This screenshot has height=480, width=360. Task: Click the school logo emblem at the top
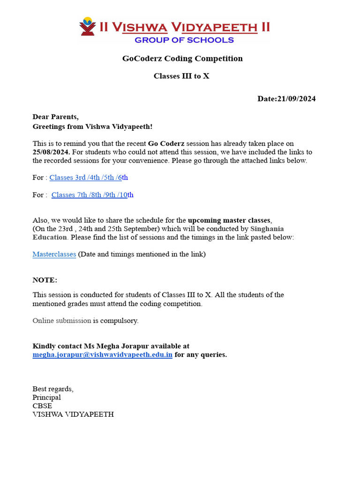pyautogui.click(x=87, y=26)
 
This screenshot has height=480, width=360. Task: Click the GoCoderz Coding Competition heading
pyautogui.click(x=182, y=59)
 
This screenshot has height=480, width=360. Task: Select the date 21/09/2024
pyautogui.click(x=296, y=99)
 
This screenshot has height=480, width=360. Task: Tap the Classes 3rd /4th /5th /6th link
pyautogui.click(x=89, y=178)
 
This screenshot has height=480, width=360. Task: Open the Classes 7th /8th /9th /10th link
pyautogui.click(x=92, y=195)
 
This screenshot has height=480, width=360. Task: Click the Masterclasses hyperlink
pyautogui.click(x=54, y=255)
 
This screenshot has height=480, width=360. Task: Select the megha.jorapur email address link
pyautogui.click(x=102, y=355)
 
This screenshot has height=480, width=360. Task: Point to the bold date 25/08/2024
pyautogui.click(x=51, y=152)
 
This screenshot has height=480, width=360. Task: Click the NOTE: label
pyautogui.click(x=45, y=280)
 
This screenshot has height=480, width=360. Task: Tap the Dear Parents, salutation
pyautogui.click(x=56, y=117)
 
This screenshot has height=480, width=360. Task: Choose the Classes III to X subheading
pyautogui.click(x=181, y=76)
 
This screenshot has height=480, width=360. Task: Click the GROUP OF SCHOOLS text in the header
pyautogui.click(x=184, y=40)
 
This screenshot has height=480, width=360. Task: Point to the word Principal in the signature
pyautogui.click(x=46, y=397)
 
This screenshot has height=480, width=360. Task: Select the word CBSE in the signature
pyautogui.click(x=42, y=406)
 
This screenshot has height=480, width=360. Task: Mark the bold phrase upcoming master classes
pyautogui.click(x=229, y=220)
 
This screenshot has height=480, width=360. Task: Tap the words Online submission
pyautogui.click(x=61, y=321)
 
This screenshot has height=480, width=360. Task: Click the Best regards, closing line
pyautogui.click(x=53, y=389)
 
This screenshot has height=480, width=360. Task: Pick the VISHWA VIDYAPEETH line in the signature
pyautogui.click(x=73, y=414)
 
